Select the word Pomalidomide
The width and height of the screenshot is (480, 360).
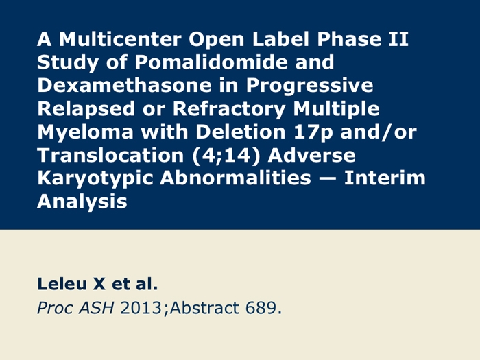[x=211, y=62]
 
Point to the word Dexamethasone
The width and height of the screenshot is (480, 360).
[x=124, y=86]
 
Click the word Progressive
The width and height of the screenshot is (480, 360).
[x=310, y=86]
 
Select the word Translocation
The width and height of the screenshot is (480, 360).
[x=110, y=155]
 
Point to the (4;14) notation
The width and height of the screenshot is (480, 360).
[x=226, y=156]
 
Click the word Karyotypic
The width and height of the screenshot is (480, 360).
[x=95, y=179]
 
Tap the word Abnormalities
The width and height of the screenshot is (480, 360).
[x=235, y=178]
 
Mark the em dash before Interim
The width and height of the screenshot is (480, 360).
[x=328, y=179]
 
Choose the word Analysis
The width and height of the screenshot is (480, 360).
[x=82, y=202]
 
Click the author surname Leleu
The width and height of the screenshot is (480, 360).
[x=62, y=284]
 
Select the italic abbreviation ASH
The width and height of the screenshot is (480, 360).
[x=96, y=308]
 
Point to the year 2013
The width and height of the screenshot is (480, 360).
[x=141, y=308]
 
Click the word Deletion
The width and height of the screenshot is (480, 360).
[x=241, y=132]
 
